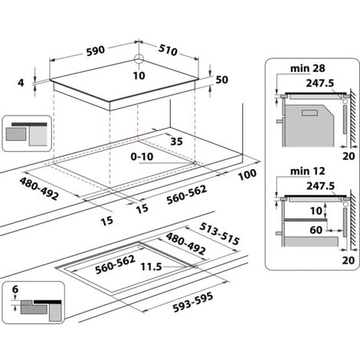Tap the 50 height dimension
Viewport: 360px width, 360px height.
point(223,80)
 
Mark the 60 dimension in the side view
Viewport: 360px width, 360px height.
point(317,228)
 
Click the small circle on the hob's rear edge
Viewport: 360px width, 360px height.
point(139,60)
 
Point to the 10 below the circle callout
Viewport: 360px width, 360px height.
point(139,75)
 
